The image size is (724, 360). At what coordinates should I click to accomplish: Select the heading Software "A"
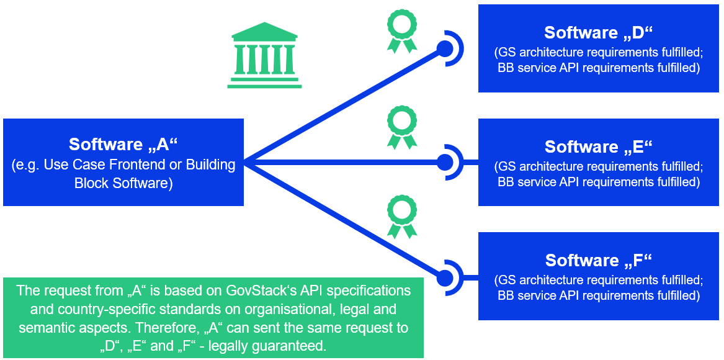(x=123, y=144)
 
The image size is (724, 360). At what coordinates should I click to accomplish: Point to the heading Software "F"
(x=599, y=260)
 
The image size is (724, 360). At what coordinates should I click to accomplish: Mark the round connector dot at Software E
(x=445, y=163)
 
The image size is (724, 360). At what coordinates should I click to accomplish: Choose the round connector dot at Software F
(x=445, y=277)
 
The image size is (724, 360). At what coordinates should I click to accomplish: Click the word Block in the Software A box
(x=91, y=183)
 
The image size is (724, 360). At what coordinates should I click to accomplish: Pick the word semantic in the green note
(x=44, y=327)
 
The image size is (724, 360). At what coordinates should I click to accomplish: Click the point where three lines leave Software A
(x=245, y=163)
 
